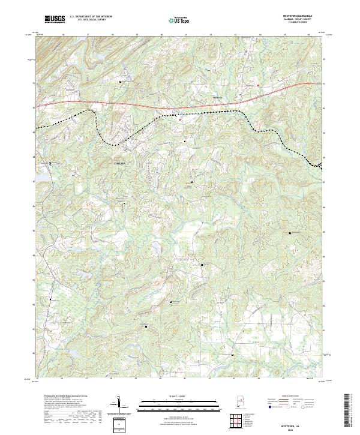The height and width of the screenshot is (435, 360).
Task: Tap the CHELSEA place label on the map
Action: pyautogui.click(x=121, y=163)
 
